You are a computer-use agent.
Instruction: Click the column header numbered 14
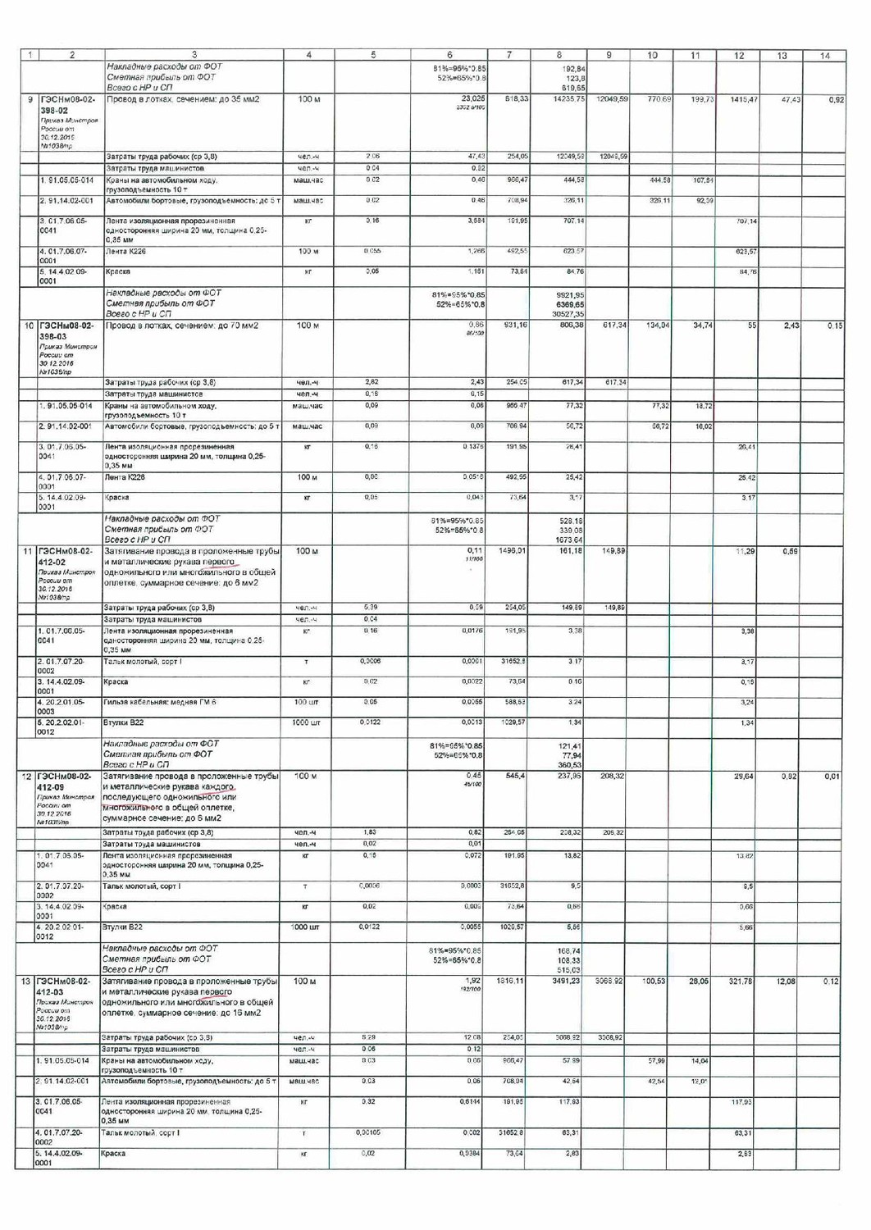coord(824,56)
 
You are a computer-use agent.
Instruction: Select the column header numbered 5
coord(373,55)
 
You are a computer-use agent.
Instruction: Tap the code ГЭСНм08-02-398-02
coord(67,105)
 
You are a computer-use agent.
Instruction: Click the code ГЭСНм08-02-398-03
coord(67,331)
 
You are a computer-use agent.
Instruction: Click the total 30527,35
coord(568,314)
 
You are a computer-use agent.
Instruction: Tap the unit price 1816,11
coord(509,982)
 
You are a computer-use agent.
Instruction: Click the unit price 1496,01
coord(509,551)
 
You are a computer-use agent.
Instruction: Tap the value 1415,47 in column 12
coord(739,99)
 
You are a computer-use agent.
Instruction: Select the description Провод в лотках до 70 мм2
coord(182,326)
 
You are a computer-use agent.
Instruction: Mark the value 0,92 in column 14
coord(836,99)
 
